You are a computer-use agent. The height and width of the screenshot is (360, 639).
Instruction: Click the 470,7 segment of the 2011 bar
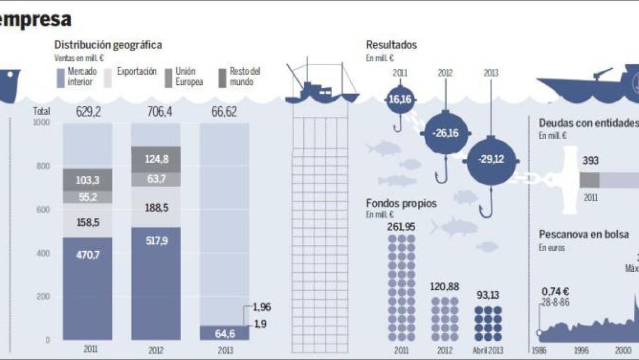pos(87,288)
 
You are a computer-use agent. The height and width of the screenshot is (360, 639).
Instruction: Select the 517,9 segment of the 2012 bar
pos(156,283)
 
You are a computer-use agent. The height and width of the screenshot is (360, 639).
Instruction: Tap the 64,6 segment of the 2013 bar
pos(224,333)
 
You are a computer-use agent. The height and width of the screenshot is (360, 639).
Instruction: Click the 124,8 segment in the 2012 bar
pos(156,159)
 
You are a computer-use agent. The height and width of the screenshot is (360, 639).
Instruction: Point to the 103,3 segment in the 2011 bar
pos(87,180)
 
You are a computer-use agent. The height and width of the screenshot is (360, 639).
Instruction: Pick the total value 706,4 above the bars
pos(156,112)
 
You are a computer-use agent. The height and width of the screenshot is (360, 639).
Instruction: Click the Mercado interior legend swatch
pos(60,77)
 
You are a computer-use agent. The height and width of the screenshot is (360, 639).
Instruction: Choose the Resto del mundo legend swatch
pos(223,77)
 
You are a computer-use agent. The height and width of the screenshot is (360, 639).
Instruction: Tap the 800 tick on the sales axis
pos(43,166)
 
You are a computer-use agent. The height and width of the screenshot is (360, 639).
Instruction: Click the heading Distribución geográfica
pos(108,45)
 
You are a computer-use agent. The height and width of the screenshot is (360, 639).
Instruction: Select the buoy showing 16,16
pos(402,99)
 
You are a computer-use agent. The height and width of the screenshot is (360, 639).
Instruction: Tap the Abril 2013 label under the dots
pos(488,350)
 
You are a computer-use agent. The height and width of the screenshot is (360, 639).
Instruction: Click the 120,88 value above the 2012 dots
pos(444,286)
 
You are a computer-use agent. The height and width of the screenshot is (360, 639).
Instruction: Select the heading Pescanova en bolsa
pos(581,234)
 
